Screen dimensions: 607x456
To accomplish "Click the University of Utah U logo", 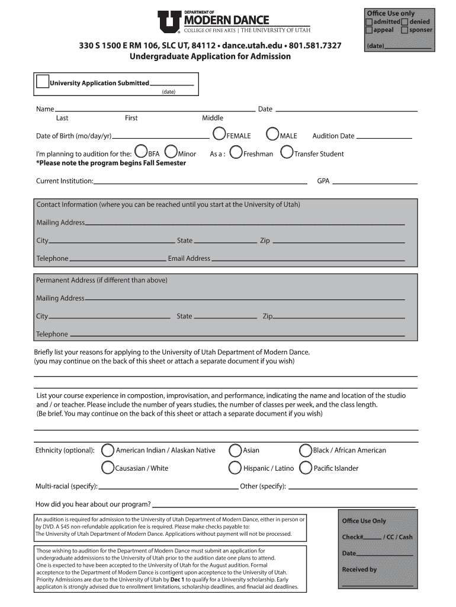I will pyautogui.click(x=169, y=23).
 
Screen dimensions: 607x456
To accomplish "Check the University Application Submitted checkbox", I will pyautogui.click(x=43, y=82).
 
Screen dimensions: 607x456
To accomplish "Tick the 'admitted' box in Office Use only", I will pyautogui.click(x=369, y=22).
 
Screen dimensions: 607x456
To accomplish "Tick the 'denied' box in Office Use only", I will pyautogui.click(x=405, y=22).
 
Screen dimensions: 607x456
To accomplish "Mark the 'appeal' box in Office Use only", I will pyautogui.click(x=369, y=30).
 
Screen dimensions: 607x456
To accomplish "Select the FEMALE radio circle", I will pyautogui.click(x=219, y=135).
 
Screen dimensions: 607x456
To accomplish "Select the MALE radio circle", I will pyautogui.click(x=273, y=135).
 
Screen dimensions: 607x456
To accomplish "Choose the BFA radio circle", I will pyautogui.click(x=141, y=152).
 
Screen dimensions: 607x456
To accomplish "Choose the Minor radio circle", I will pyautogui.click(x=171, y=152).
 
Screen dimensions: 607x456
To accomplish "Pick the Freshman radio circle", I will pyautogui.click(x=236, y=152).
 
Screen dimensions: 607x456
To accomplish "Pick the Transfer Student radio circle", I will pyautogui.click(x=287, y=152).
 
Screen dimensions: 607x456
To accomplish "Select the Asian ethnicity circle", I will pyautogui.click(x=235, y=450).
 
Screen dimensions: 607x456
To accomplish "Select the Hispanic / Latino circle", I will pyautogui.click(x=235, y=468).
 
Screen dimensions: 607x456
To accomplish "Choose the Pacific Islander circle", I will pyautogui.click(x=306, y=468).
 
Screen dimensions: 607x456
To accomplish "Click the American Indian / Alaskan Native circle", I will pyautogui.click(x=108, y=450).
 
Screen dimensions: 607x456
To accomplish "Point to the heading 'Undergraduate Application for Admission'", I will pyautogui.click(x=210, y=56).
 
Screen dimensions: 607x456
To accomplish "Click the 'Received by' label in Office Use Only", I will pyautogui.click(x=359, y=570).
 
